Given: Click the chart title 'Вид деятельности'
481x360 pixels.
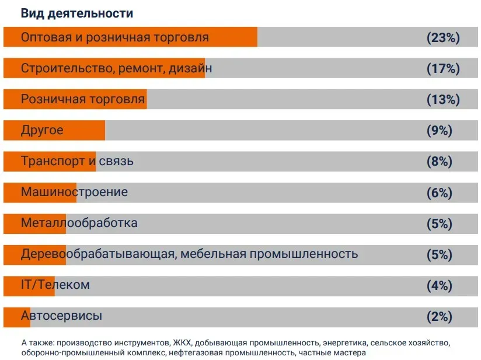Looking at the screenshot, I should (x=76, y=13).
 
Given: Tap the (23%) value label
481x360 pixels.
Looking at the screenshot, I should (x=443, y=38).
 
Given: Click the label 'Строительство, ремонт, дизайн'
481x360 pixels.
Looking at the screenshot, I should (x=116, y=68).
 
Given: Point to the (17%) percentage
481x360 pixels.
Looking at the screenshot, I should (x=443, y=69).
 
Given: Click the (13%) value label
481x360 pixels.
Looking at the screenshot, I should (x=443, y=100).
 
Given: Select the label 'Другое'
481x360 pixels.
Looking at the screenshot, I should (x=42, y=130).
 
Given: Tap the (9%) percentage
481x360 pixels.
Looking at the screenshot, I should (x=440, y=131).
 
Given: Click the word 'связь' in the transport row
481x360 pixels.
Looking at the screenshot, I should (x=116, y=161).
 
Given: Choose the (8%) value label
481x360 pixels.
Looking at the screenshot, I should (x=440, y=162).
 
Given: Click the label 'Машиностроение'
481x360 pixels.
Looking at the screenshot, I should (x=74, y=192).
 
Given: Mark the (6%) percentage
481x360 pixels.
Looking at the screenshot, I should (x=440, y=193).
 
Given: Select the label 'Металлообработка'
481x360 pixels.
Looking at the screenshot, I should (x=79, y=223).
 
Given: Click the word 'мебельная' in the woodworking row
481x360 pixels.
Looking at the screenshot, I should (x=212, y=254).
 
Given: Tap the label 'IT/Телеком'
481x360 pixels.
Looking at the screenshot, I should (x=55, y=285).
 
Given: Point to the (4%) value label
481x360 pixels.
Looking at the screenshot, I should (x=440, y=285).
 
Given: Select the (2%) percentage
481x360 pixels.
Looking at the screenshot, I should (x=440, y=317).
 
